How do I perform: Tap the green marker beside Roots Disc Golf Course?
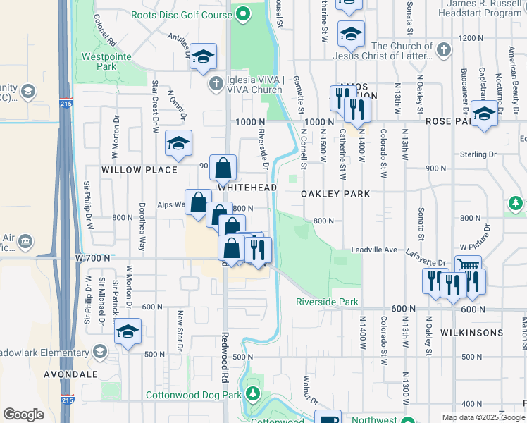(244, 14)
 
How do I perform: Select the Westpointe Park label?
(108, 61)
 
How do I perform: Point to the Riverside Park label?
(327, 302)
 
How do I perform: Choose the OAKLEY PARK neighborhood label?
(335, 193)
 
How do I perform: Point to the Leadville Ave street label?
(375, 250)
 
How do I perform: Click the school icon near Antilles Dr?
(203, 57)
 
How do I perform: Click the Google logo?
(23, 415)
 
